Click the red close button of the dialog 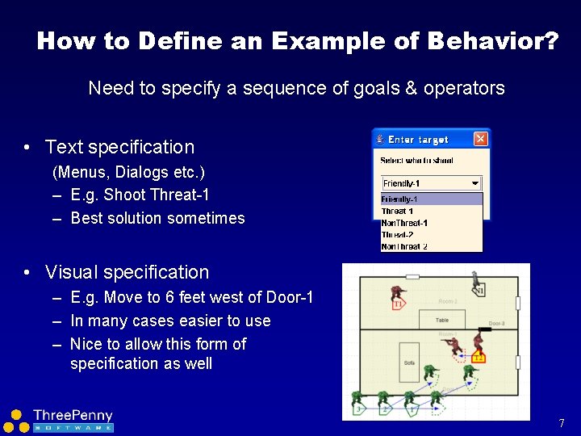pyautogui.click(x=480, y=139)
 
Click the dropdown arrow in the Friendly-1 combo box pyautogui.click(x=474, y=183)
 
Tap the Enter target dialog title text pyautogui.click(x=418, y=140)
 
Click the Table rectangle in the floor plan pyautogui.click(x=442, y=321)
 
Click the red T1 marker pyautogui.click(x=398, y=304)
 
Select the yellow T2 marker pyautogui.click(x=479, y=358)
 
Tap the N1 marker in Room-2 pyautogui.click(x=479, y=291)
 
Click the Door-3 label pyautogui.click(x=497, y=323)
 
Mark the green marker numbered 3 pyautogui.click(x=358, y=410)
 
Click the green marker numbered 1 pyautogui.click(x=412, y=410)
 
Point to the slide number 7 pyautogui.click(x=561, y=423)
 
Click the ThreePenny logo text pyautogui.click(x=73, y=416)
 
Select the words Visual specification pyautogui.click(x=127, y=272)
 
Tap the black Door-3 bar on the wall pyautogui.click(x=487, y=329)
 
